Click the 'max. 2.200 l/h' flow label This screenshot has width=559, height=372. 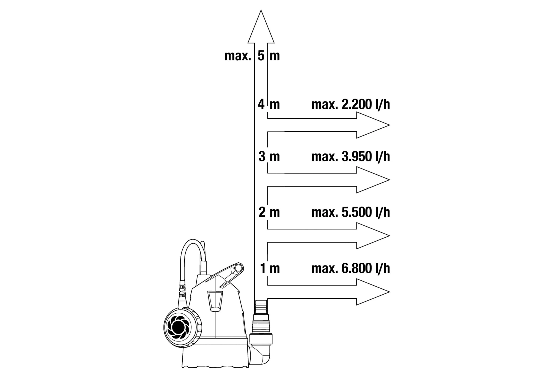351,105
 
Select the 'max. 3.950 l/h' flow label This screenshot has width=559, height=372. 351,157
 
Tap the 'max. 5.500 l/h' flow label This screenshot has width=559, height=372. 351,212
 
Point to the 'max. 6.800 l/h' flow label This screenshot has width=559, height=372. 351,268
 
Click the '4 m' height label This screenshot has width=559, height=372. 269,105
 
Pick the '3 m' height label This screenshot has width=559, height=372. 269,157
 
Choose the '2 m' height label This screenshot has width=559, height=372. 269,212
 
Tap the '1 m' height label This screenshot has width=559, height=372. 270,268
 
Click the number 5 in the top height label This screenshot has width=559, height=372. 261,56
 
